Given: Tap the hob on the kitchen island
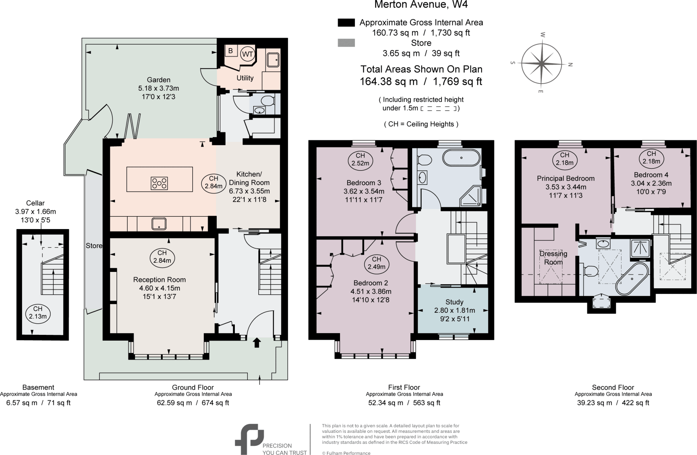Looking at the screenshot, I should [x=159, y=183].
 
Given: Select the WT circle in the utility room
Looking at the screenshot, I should [x=247, y=54].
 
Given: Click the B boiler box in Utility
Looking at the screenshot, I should [x=230, y=51].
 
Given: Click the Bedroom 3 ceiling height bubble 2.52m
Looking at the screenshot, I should [x=360, y=159].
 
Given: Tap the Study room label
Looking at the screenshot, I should [x=454, y=302].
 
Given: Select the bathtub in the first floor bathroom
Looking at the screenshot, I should [x=461, y=158].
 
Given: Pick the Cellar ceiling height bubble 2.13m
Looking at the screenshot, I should [x=38, y=312].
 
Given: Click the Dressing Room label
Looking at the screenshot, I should [x=553, y=258].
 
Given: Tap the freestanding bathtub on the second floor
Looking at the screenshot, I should [x=632, y=279].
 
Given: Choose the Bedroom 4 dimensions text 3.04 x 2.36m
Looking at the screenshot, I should [x=651, y=183].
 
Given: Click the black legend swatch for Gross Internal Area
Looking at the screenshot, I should [x=346, y=22].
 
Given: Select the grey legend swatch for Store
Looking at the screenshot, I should [x=346, y=43].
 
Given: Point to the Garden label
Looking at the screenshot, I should [x=159, y=80].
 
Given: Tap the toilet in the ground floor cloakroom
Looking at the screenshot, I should [x=268, y=101].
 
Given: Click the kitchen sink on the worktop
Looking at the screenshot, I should [x=159, y=224].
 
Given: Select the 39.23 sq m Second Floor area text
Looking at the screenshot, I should [x=594, y=403].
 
